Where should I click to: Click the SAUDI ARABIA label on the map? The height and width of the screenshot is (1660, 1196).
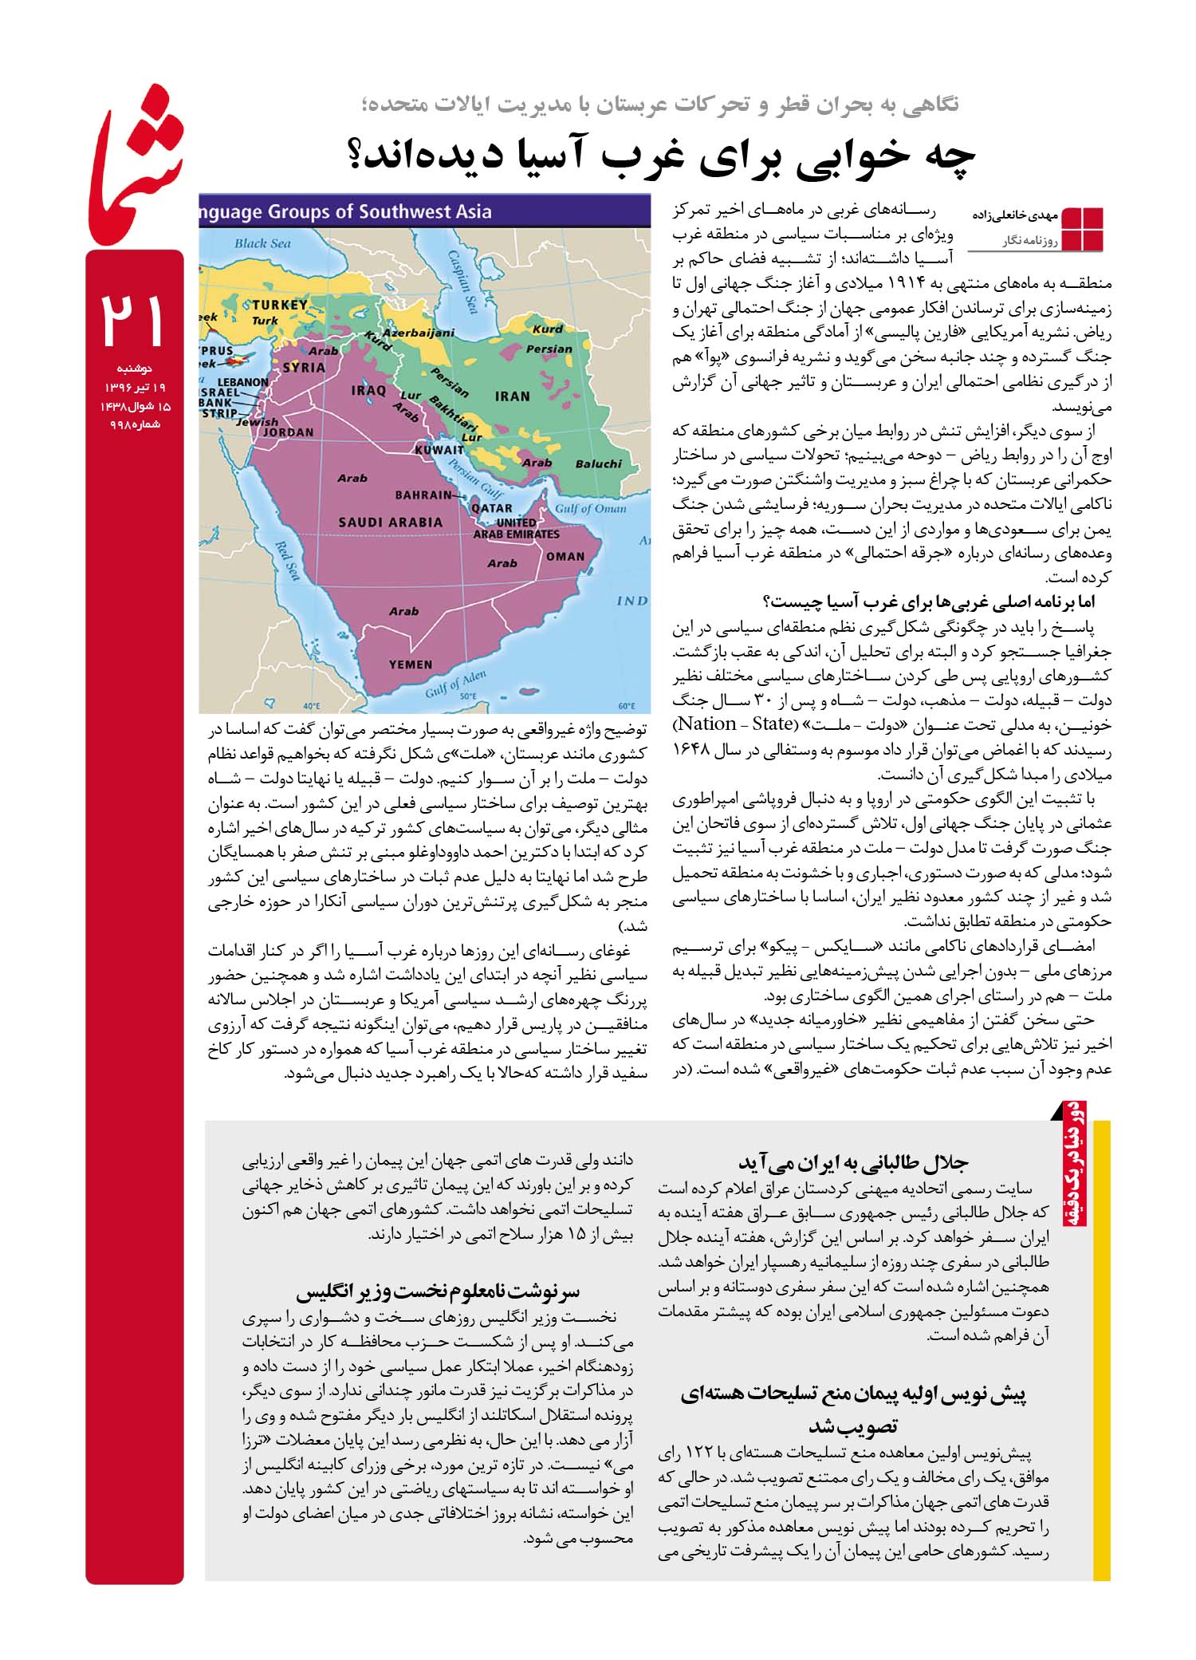point(390,522)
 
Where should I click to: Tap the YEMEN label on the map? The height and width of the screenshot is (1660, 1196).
point(411,664)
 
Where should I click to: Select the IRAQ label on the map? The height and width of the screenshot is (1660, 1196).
point(368,391)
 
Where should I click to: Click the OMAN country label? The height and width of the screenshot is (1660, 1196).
point(565,556)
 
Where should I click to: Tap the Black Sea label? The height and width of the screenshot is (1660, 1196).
point(262,243)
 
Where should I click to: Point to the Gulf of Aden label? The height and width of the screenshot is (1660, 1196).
point(455,684)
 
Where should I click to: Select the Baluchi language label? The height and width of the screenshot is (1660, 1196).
point(598,463)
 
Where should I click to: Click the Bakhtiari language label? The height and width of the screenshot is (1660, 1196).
point(453,411)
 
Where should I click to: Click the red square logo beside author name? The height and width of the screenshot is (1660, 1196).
point(1082,229)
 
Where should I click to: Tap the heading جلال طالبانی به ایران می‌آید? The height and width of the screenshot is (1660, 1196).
point(852,1162)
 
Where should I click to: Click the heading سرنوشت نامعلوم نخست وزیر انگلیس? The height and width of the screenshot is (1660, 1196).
point(438,1290)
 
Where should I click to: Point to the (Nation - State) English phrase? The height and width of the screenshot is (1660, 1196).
point(734,724)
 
